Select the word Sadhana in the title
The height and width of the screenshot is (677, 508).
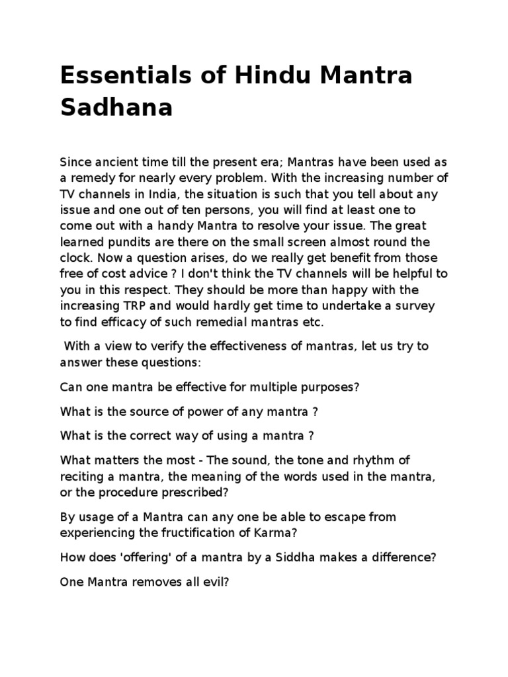[116, 108]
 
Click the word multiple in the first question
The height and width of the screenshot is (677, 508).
[272, 387]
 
